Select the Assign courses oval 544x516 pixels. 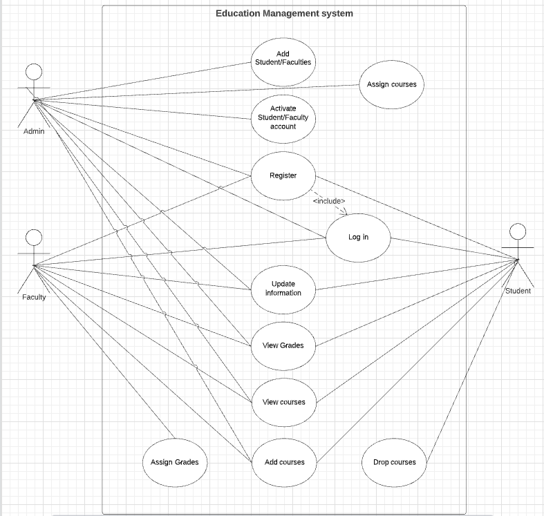[391, 84]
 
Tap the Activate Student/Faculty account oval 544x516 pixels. [283, 117]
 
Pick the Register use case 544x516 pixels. [283, 175]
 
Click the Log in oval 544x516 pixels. [358, 237]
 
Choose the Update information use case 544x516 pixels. [283, 288]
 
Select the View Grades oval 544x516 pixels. [283, 345]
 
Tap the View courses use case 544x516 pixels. [283, 402]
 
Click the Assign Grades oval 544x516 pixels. [174, 461]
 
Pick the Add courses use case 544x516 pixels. [284, 461]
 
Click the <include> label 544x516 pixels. [328, 201]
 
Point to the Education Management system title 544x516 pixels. [284, 13]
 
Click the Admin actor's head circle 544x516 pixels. [33, 71]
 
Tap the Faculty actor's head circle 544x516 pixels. [33, 238]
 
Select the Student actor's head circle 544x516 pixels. [517, 231]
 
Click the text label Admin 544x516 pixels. [34, 131]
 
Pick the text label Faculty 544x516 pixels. [34, 297]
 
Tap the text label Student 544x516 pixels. [518, 291]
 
